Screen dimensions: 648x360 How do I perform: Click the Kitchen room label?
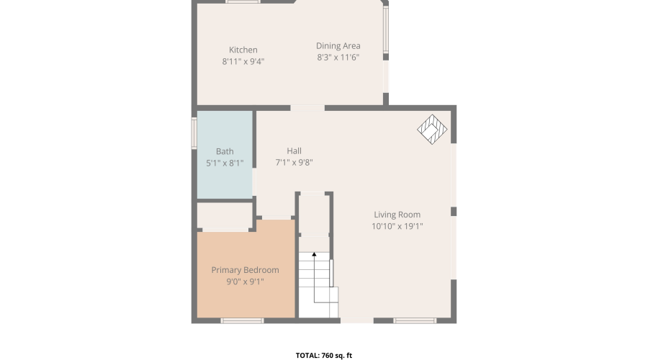(x=243, y=50)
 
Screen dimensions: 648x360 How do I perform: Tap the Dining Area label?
(x=338, y=46)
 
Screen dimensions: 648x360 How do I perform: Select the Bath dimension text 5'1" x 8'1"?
(x=225, y=163)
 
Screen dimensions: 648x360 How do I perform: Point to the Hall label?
(x=294, y=151)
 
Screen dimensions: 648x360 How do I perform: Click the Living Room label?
(x=397, y=215)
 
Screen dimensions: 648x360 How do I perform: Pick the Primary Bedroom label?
(x=245, y=270)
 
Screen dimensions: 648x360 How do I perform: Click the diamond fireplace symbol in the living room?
(x=432, y=130)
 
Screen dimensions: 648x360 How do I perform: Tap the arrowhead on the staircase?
(x=314, y=255)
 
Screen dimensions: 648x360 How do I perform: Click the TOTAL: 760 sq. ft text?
(x=324, y=355)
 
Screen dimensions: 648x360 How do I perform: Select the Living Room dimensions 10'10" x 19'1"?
(x=397, y=226)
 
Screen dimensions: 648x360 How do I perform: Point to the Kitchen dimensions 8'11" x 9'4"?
(x=243, y=62)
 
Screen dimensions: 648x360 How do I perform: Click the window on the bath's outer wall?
(x=194, y=133)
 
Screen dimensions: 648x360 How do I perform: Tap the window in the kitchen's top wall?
(x=243, y=1)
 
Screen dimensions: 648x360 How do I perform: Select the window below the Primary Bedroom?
(x=242, y=320)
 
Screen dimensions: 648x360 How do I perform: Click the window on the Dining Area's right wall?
(x=386, y=29)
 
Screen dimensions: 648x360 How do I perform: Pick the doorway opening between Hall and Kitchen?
(x=307, y=108)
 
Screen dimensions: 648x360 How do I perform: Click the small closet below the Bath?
(x=225, y=215)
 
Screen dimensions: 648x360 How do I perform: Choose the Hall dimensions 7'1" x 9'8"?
(x=294, y=163)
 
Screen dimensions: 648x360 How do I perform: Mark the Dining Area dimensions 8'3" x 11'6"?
(x=338, y=58)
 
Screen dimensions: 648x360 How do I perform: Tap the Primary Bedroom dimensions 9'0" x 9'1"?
(x=245, y=282)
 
